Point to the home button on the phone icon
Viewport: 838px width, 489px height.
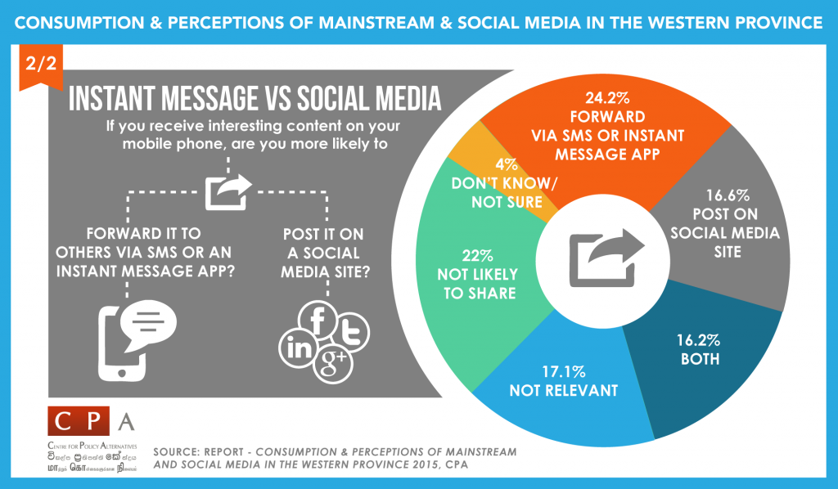pos(123,372)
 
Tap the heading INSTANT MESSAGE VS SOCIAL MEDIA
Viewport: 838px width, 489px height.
pos(255,99)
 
